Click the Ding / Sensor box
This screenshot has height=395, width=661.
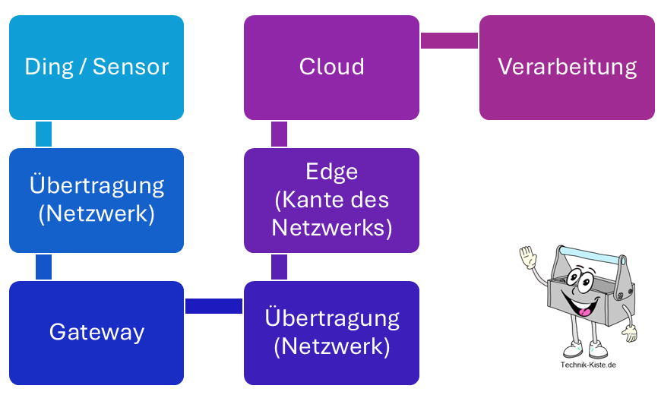[x=96, y=68]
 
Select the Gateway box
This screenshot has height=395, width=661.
[x=96, y=333]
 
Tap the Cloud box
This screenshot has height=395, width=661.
[x=331, y=68]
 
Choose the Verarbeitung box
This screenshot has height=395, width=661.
[x=567, y=68]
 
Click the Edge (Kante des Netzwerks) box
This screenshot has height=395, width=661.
[x=331, y=200]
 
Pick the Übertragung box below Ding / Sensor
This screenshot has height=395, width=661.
[x=96, y=200]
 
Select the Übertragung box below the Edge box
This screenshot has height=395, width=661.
[x=331, y=333]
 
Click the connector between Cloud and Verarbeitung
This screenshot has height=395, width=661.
[x=449, y=40]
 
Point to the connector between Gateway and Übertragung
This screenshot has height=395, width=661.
[x=213, y=305]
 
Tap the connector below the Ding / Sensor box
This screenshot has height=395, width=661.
[x=44, y=134]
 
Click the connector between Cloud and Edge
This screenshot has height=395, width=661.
[x=279, y=134]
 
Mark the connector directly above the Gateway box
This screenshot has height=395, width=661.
[x=44, y=267]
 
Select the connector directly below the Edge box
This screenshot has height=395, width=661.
[x=279, y=267]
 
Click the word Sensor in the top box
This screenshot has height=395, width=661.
[x=131, y=67]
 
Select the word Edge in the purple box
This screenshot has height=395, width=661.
[x=331, y=172]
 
